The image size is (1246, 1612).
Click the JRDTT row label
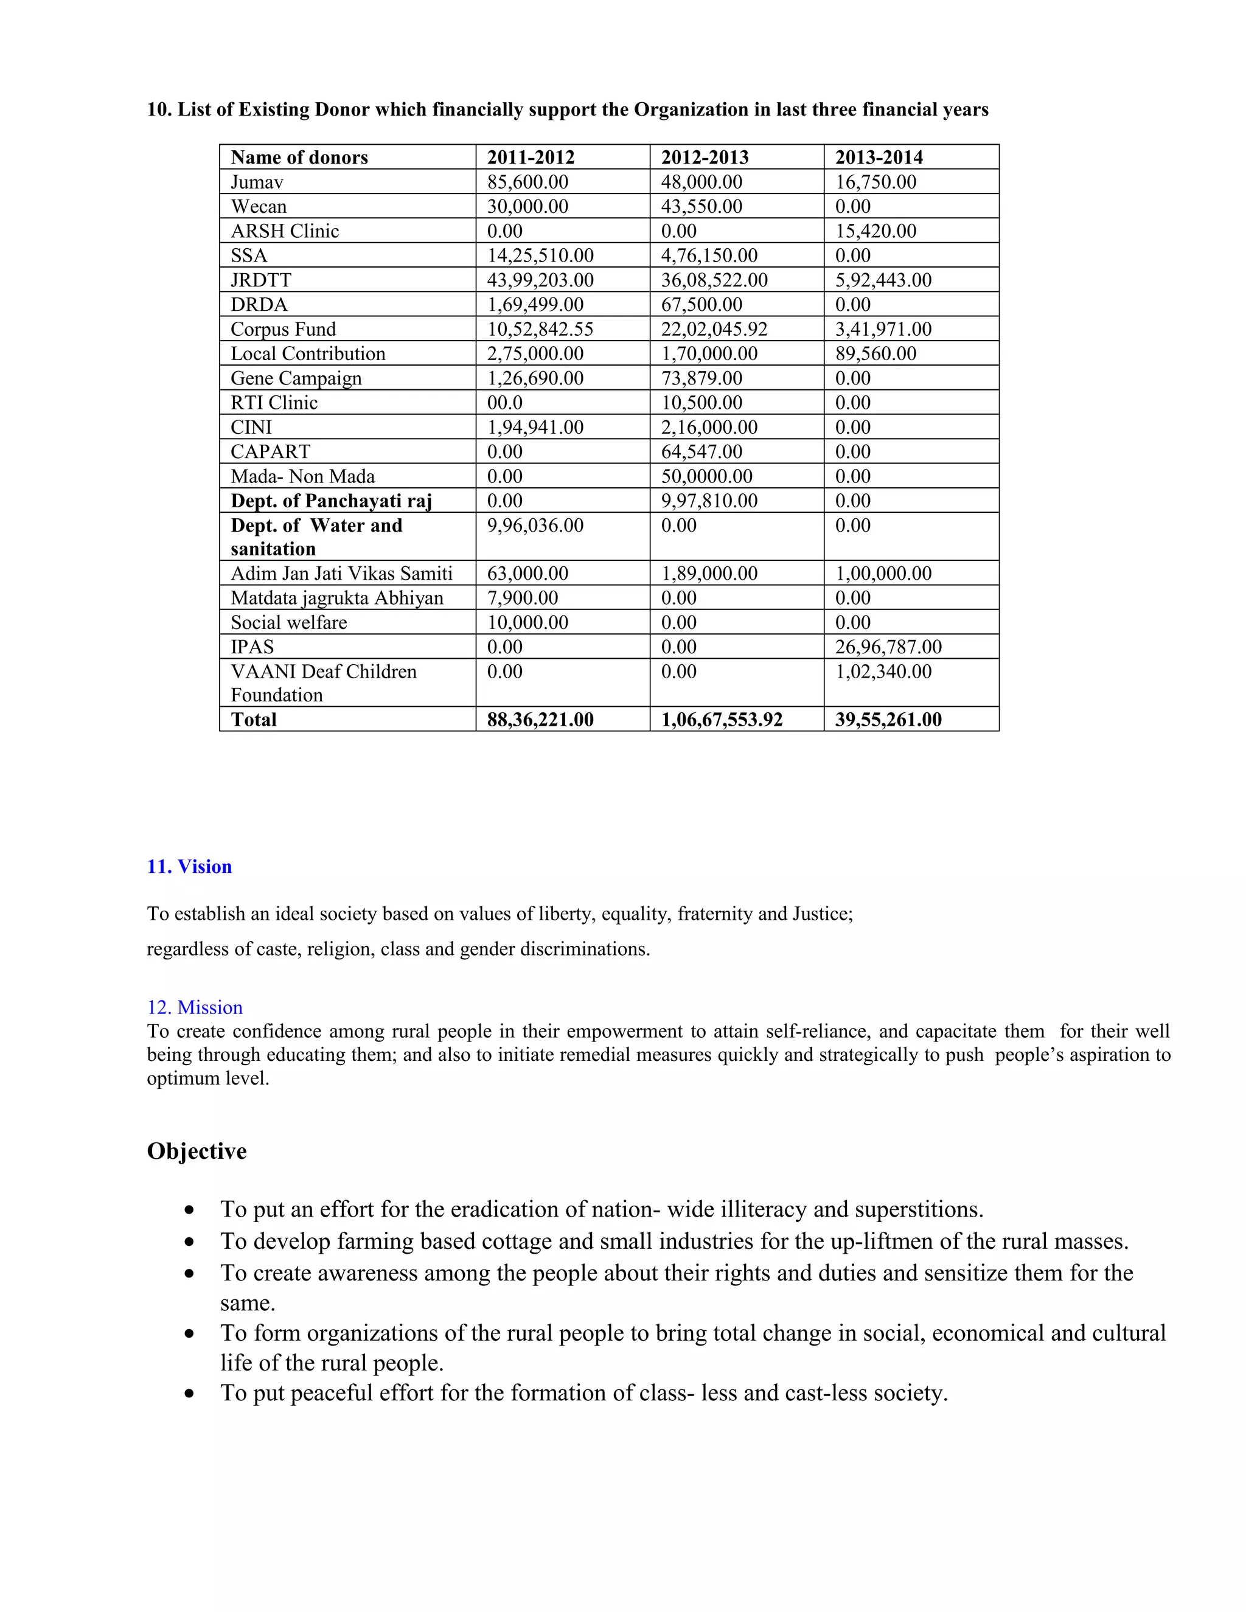(260, 280)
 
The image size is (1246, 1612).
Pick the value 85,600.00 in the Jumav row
(527, 181)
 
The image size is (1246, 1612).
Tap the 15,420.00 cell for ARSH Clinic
(875, 231)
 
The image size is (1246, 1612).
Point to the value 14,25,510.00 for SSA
(540, 255)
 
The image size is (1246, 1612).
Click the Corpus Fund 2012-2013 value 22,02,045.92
(714, 329)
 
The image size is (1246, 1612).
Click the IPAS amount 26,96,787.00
(888, 647)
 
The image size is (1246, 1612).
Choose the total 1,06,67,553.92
(721, 720)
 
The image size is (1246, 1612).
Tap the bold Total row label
(253, 720)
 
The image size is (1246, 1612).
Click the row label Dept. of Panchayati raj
(331, 501)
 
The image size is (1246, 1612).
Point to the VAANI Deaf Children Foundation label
(323, 683)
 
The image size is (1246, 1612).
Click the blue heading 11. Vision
(189, 866)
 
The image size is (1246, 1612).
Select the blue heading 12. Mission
(195, 1007)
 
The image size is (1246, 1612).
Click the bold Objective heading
(197, 1152)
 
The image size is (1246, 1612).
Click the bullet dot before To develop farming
(190, 1242)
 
